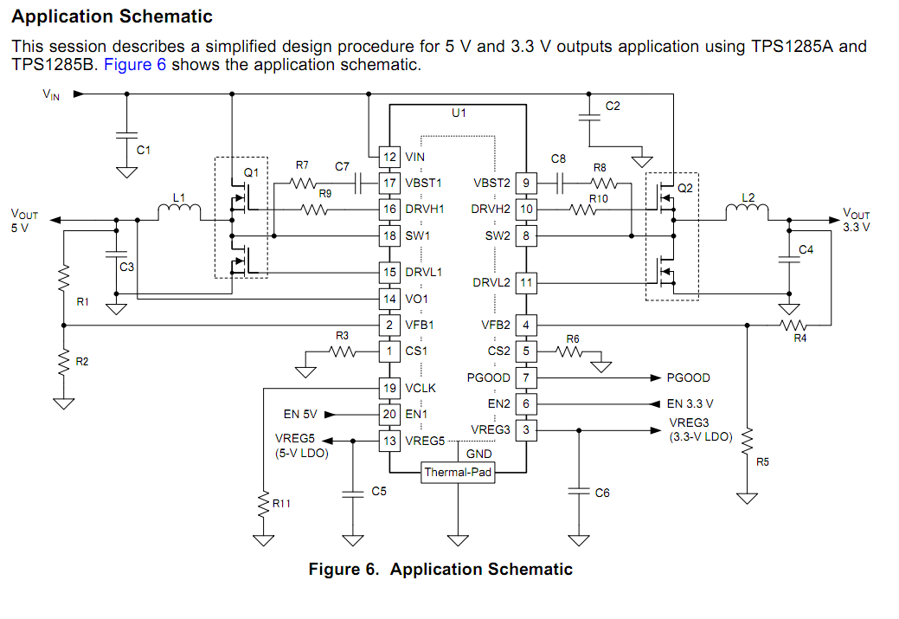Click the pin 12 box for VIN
(389, 157)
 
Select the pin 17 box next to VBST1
(389, 183)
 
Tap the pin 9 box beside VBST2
(525, 183)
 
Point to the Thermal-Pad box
(458, 472)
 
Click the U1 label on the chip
(459, 113)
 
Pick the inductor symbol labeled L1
(179, 210)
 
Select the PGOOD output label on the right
(688, 378)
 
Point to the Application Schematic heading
(112, 16)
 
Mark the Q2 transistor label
(685, 187)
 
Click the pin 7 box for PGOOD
(525, 378)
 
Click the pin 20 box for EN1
(389, 414)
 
